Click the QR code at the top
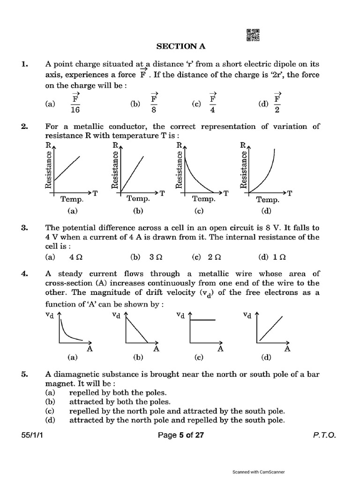tap(253, 35)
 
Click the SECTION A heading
tap(180, 46)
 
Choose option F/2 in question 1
tap(277, 104)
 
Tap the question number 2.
tap(24, 127)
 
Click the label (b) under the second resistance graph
tap(138, 211)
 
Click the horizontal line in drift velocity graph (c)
tap(202, 319)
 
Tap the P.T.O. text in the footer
tap(324, 435)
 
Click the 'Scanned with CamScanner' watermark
tap(259, 472)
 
